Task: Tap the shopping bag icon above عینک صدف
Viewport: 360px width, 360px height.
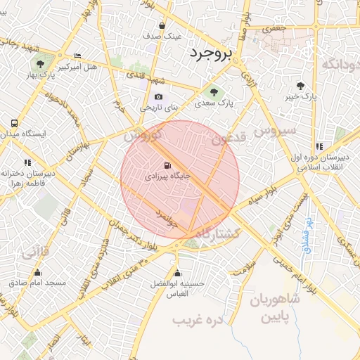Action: (162, 25)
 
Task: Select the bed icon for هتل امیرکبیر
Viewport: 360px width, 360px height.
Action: (77, 56)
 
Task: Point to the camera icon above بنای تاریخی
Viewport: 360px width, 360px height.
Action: (158, 97)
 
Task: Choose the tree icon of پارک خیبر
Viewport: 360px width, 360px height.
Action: (301, 85)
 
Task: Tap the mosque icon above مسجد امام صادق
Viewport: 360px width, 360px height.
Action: (37, 272)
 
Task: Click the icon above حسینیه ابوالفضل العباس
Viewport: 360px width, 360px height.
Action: (177, 274)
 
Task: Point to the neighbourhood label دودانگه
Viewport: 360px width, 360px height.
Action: (340, 65)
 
